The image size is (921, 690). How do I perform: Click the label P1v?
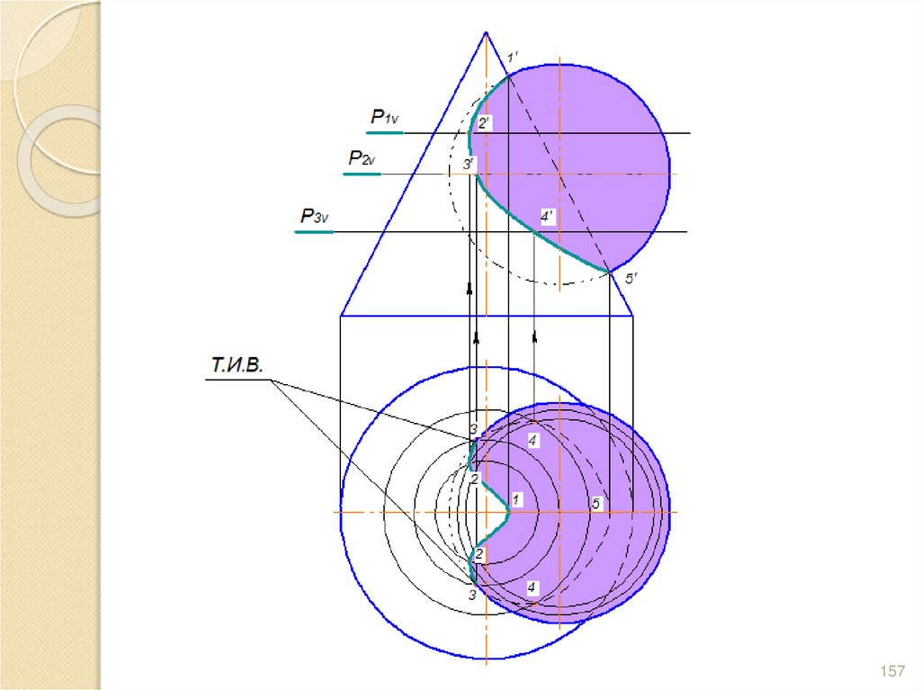385,117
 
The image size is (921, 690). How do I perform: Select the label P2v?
362,158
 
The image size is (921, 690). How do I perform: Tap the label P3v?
314,216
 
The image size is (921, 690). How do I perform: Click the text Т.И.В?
237,365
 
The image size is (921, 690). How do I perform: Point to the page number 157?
892,670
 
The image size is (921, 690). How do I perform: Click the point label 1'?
512,58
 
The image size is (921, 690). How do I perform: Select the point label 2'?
484,123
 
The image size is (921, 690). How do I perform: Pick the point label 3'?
468,164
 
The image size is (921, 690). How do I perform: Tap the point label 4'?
547,217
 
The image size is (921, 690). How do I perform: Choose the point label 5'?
630,278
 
